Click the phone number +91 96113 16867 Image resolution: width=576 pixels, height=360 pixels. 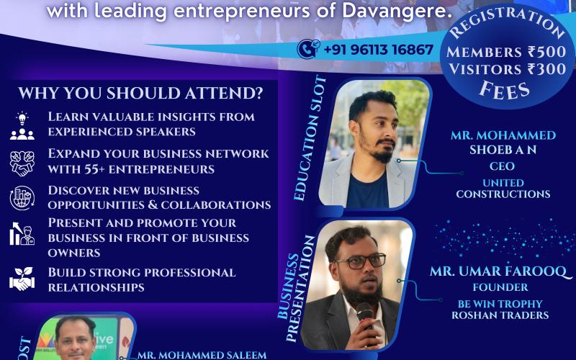tap(379, 50)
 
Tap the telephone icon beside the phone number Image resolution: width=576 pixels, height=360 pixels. tap(308, 49)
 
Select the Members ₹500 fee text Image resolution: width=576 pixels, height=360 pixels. tap(506, 52)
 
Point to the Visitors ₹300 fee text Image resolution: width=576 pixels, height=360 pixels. tap(507, 69)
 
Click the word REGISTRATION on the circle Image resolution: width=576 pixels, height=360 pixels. tap(507, 22)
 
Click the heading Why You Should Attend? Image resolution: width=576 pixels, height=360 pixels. tap(140, 94)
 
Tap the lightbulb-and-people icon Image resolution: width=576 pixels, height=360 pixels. tap(22, 125)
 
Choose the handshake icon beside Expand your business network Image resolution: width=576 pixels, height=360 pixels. tap(22, 163)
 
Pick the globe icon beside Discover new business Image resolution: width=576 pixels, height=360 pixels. tap(22, 198)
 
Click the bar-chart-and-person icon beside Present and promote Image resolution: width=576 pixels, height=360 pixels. tap(22, 233)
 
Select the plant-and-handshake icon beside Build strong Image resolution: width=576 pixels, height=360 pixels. tap(22, 279)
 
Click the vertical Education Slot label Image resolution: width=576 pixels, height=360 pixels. tap(310, 138)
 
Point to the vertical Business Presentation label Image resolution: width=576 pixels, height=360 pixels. tap(296, 289)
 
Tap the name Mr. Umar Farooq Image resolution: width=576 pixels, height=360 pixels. tap(500, 271)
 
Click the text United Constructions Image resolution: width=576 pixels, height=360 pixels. tap(503, 189)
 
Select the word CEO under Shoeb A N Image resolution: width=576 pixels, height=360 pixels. tap(502, 166)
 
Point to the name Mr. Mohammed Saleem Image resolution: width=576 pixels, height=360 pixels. tap(202, 355)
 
